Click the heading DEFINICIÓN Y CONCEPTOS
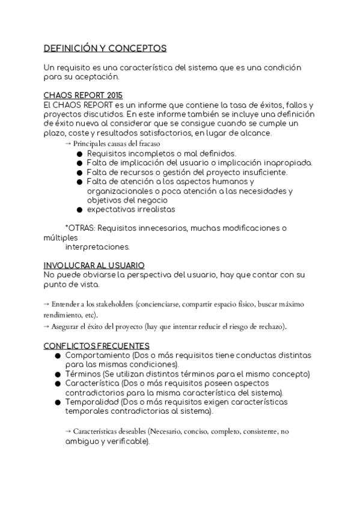point(105,48)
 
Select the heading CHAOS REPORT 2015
point(83,96)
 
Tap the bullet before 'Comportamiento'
point(58,356)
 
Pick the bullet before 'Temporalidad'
point(58,402)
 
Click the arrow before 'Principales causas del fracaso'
point(68,144)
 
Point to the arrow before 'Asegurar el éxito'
point(47,327)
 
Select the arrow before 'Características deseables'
point(69,431)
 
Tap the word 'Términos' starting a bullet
point(83,374)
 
